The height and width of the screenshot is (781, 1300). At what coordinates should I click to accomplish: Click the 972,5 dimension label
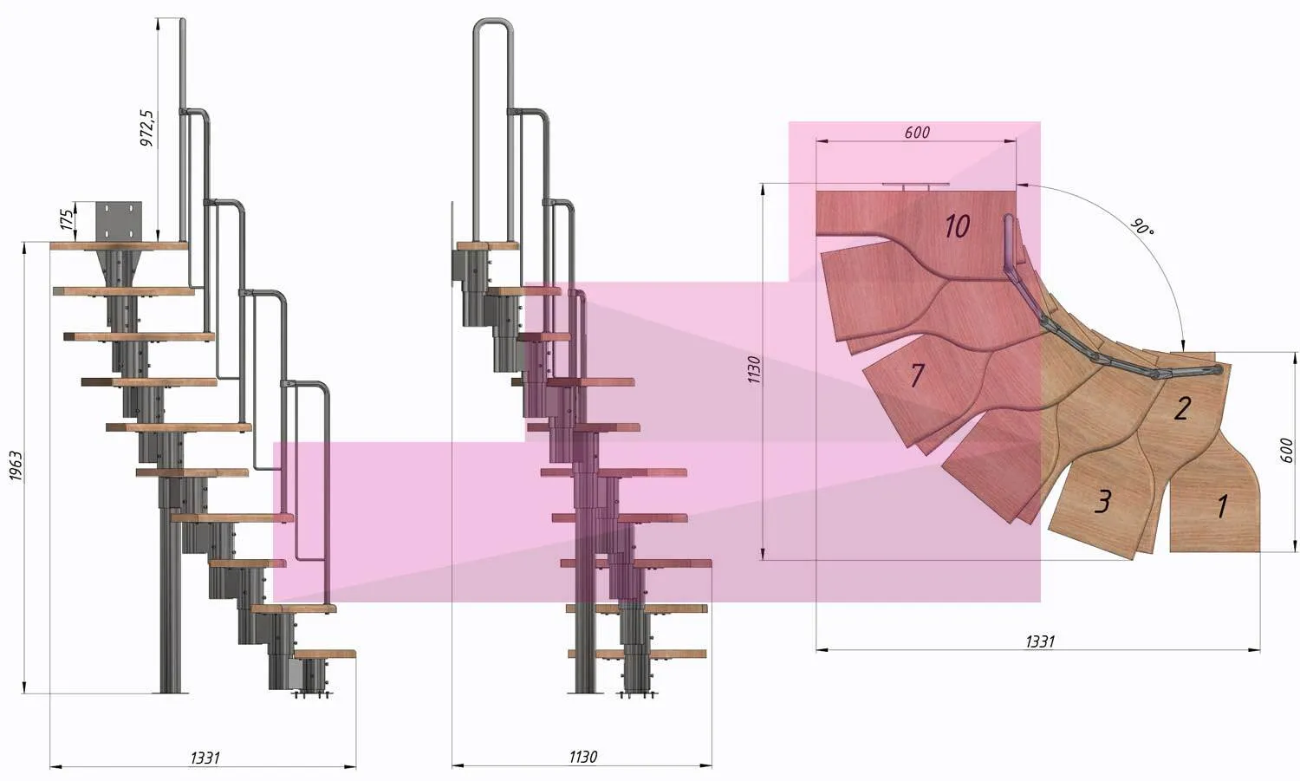[148, 127]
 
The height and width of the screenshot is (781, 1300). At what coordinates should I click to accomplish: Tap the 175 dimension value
[68, 220]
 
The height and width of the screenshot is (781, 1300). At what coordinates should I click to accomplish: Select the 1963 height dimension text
[16, 465]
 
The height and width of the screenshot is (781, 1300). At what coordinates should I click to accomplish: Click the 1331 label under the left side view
[205, 758]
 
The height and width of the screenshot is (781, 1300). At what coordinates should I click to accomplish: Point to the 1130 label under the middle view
[582, 757]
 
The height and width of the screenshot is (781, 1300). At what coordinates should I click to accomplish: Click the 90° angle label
[1142, 226]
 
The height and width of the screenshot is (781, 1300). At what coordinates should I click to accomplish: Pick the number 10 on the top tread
[957, 226]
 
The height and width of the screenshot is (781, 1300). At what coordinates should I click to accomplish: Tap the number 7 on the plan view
[917, 375]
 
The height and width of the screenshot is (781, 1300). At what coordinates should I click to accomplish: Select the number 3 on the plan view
[1103, 501]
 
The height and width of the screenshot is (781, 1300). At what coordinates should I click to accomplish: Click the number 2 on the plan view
[1182, 408]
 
